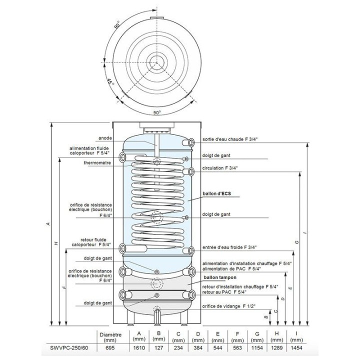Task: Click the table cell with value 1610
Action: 139,348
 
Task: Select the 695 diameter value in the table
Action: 110,348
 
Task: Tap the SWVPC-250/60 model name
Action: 69,348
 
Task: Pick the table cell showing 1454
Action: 296,348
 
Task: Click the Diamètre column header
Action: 110,337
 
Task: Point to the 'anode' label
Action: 105,138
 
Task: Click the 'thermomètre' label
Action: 97,163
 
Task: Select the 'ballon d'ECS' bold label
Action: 216,193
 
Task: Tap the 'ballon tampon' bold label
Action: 220,277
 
